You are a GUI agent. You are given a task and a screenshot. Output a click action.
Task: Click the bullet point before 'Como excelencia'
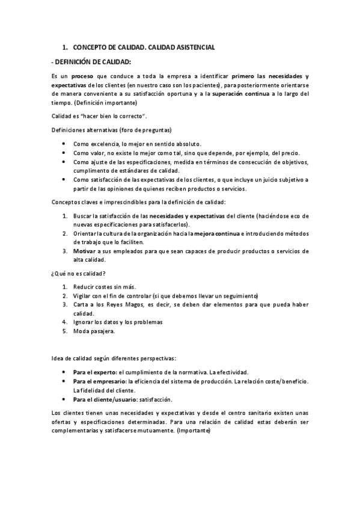tap(64, 144)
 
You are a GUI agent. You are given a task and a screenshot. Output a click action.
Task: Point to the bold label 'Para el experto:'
tap(94, 372)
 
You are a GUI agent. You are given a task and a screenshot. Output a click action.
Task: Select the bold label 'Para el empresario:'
tap(99, 381)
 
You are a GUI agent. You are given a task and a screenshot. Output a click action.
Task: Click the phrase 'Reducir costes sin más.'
tap(105, 287)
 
